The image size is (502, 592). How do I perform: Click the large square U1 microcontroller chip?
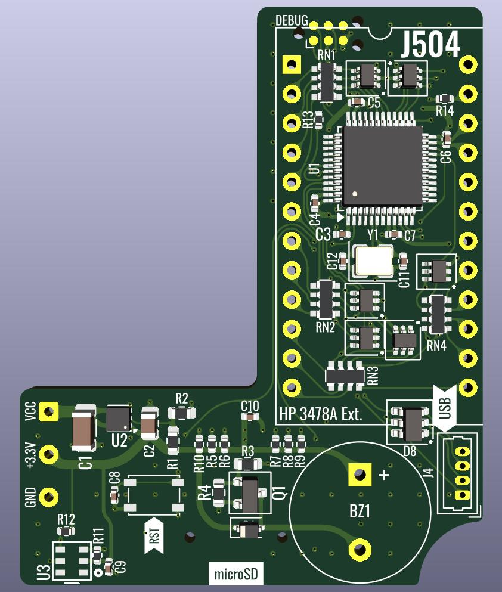pyautogui.click(x=382, y=166)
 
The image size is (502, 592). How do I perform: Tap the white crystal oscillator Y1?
pyautogui.click(x=373, y=260)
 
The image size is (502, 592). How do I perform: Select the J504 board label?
pyautogui.click(x=430, y=44)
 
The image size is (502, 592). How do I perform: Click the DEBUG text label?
pyautogui.click(x=292, y=20)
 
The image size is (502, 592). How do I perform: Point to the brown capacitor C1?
pyautogui.click(x=84, y=428)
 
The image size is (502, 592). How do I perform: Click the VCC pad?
pyautogui.click(x=49, y=411)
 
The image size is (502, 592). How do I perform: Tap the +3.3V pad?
pyautogui.click(x=49, y=455)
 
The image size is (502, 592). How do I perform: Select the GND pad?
pyautogui.click(x=49, y=497)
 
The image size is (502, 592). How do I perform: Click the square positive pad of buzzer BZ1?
pyautogui.click(x=360, y=474)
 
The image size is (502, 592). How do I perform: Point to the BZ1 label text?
pyautogui.click(x=360, y=511)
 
